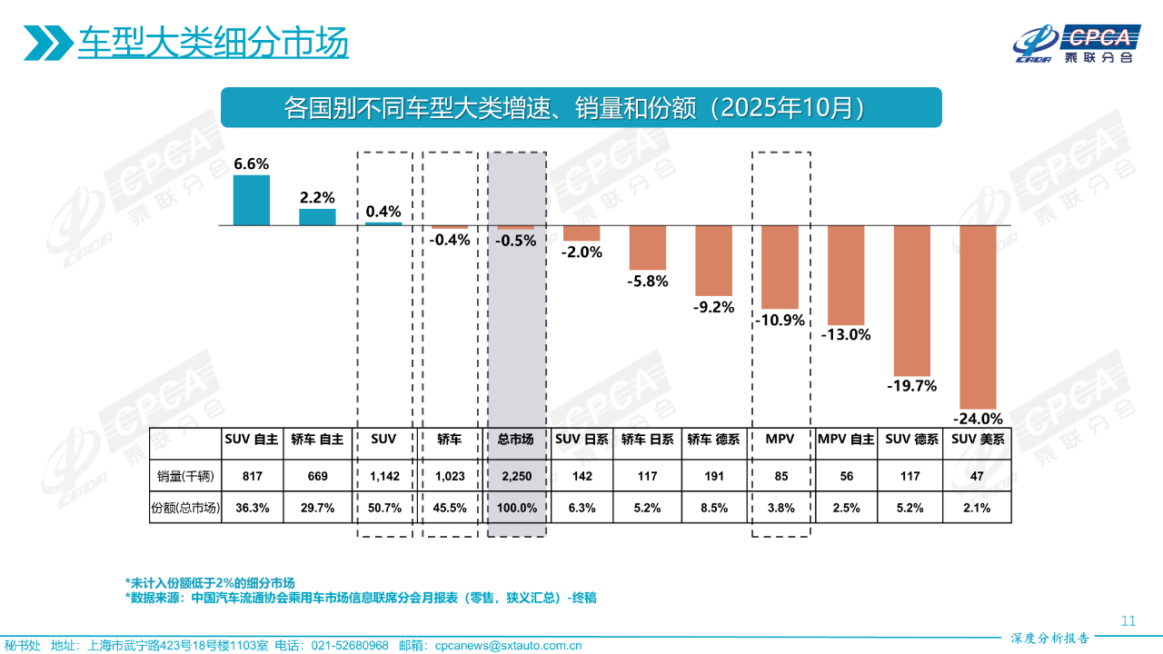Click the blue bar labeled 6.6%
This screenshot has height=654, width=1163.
click(x=252, y=200)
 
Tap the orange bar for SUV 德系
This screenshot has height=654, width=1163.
click(x=912, y=301)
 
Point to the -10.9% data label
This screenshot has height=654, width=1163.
click(x=780, y=320)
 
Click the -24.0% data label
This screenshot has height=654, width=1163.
click(x=978, y=419)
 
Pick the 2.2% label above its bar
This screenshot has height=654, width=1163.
click(x=318, y=197)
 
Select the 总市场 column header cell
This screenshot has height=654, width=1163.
click(x=516, y=439)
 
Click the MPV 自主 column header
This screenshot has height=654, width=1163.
click(x=846, y=439)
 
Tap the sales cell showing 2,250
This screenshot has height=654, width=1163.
click(x=516, y=474)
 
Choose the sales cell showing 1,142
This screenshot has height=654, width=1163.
click(x=384, y=474)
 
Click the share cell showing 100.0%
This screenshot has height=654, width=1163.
click(x=516, y=508)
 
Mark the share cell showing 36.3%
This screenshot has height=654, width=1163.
click(x=253, y=508)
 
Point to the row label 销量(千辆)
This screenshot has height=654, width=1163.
click(x=185, y=474)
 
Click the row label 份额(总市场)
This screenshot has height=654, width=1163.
click(x=185, y=508)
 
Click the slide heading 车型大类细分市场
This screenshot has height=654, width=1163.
click(x=213, y=44)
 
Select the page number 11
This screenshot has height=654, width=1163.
click(x=1128, y=621)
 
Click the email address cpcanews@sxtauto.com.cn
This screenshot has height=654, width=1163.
click(x=508, y=646)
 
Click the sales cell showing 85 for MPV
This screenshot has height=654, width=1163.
click(x=780, y=474)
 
